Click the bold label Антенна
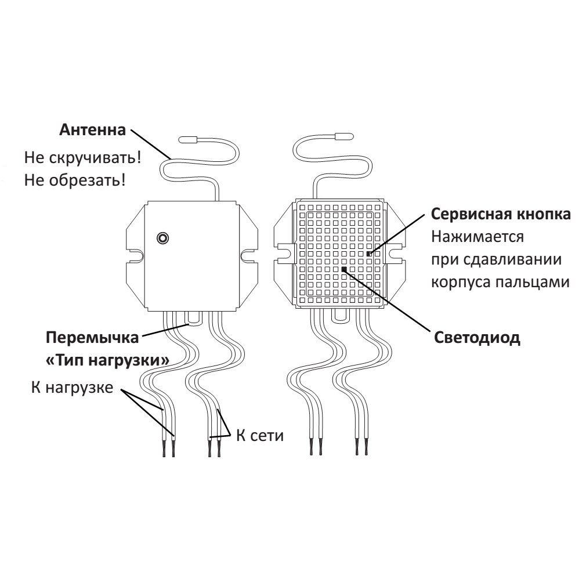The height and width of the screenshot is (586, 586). (x=92, y=129)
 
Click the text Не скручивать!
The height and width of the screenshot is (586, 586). (x=83, y=157)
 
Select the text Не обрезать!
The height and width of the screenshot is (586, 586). (x=75, y=180)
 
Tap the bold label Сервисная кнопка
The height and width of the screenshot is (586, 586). (x=501, y=214)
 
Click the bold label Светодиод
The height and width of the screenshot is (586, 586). (x=477, y=338)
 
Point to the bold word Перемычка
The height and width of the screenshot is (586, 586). (x=93, y=337)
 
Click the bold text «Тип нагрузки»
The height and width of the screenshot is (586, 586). (x=107, y=360)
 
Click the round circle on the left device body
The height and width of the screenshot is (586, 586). (x=163, y=238)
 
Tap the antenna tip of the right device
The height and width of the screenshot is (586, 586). (x=343, y=136)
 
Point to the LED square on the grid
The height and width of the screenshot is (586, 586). (x=344, y=269)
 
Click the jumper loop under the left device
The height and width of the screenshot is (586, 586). (x=192, y=317)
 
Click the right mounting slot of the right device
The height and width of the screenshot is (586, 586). (x=396, y=253)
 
